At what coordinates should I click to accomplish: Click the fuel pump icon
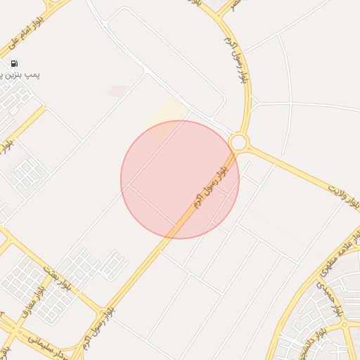click(x=15, y=64)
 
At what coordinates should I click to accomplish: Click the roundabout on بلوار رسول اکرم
click(x=238, y=143)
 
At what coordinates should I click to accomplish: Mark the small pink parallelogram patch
click(x=117, y=91)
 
